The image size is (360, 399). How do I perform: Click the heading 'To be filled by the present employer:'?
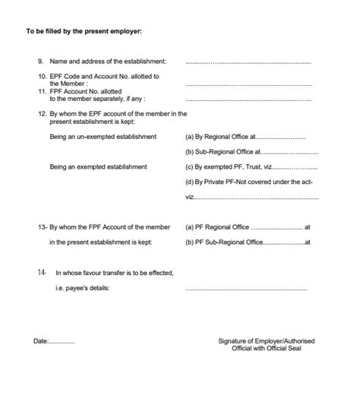84,31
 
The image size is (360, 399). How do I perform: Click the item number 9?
40,61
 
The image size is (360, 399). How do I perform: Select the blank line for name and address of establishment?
248,62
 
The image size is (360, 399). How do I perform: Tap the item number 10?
42,76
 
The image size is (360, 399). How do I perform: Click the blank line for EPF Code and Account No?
248,84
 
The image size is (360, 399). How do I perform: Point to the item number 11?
42,91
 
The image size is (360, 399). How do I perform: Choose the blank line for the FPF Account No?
248,100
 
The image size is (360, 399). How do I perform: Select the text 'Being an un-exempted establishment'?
103,137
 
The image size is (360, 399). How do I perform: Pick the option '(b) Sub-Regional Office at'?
223,152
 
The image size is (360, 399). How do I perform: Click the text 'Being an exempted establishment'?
98,166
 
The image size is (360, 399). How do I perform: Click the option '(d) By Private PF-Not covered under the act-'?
248,182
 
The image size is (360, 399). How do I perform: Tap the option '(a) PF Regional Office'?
217,226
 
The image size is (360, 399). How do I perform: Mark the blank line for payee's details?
248,289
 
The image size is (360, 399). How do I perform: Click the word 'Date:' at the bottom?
40,341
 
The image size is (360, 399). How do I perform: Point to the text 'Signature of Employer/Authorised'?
266,341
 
